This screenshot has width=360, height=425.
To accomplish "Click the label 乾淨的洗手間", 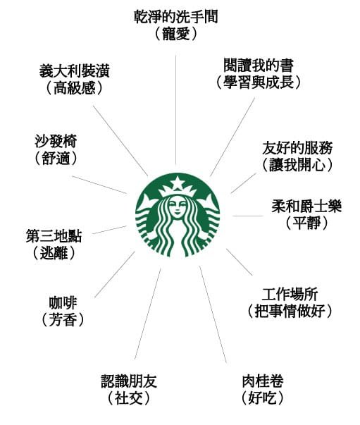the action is [x=176, y=18].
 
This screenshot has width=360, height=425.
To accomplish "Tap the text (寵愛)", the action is [x=176, y=34].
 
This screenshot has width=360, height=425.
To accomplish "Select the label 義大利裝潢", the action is [x=75, y=71].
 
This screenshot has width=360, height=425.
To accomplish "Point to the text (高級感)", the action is [x=75, y=88].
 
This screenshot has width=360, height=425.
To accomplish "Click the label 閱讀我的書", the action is [x=259, y=66].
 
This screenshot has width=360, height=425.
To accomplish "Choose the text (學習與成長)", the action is [x=259, y=82].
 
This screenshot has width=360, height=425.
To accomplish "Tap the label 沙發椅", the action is [x=56, y=141].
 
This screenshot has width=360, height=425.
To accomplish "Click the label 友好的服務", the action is [x=297, y=148].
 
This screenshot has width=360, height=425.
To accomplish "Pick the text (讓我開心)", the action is [x=297, y=165].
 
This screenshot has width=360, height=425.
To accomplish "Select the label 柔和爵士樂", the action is [x=306, y=206].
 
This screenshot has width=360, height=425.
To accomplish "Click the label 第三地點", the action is [x=54, y=236].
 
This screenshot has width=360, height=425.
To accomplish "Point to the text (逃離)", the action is [x=54, y=252].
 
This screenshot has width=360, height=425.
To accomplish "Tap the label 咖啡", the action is [x=63, y=303].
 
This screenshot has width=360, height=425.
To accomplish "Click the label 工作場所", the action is [x=290, y=294].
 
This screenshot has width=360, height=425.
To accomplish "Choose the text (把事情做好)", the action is [x=290, y=311].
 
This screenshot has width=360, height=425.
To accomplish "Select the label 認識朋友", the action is [x=129, y=381].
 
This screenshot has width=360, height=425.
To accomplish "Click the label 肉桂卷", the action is [x=263, y=381].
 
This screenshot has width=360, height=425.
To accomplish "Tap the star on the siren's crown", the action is [x=178, y=183].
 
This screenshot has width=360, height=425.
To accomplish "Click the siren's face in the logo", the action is [x=178, y=207].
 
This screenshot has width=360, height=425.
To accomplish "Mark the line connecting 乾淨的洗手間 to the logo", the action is [x=176, y=109].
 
